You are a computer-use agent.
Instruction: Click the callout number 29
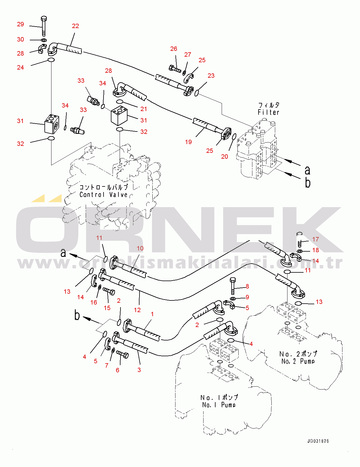tap(20, 24)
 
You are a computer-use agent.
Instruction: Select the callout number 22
tap(75, 26)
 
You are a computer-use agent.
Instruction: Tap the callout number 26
tap(174, 49)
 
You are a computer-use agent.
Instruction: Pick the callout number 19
tap(188, 142)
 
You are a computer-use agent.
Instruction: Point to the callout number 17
tap(316, 239)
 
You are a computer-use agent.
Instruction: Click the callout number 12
tap(137, 310)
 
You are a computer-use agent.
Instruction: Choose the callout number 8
tap(247, 286)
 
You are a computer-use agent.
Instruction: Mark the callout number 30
tap(20, 39)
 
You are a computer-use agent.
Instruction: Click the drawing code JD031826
tap(318, 441)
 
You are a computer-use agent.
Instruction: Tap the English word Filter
tap(268, 112)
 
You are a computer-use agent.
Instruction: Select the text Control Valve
tap(104, 195)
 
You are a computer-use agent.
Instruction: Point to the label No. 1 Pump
tap(218, 405)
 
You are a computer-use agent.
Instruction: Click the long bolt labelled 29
tap(44, 26)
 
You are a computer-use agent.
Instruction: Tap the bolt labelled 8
tap(233, 286)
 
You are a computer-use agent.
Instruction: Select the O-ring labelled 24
tap(51, 60)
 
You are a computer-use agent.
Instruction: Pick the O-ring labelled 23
tap(197, 93)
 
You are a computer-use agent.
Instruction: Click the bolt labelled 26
tap(175, 69)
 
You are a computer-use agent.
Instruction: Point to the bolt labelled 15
tap(109, 291)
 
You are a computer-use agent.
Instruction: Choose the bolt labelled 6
tap(123, 354)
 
